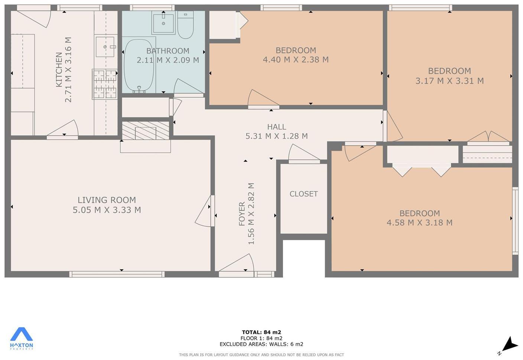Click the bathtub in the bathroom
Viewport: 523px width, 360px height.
click(139, 66)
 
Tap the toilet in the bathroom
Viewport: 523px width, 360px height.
click(185, 25)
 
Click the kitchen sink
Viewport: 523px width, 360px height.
click(105, 47)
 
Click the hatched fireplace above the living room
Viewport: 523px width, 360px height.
click(145, 131)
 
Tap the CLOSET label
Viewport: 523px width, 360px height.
click(303, 194)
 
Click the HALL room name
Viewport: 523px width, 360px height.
click(276, 127)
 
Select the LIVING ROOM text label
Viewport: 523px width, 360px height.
click(107, 200)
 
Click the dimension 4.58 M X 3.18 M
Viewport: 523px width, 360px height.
click(419, 223)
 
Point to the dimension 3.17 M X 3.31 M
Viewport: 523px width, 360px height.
click(449, 81)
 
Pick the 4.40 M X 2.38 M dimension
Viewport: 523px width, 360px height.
click(296, 60)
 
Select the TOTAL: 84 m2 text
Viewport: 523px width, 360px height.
click(261, 332)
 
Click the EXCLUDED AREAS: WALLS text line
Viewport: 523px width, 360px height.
click(261, 344)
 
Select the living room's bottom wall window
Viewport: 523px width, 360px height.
click(117, 274)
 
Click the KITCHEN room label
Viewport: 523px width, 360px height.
click(59, 70)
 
